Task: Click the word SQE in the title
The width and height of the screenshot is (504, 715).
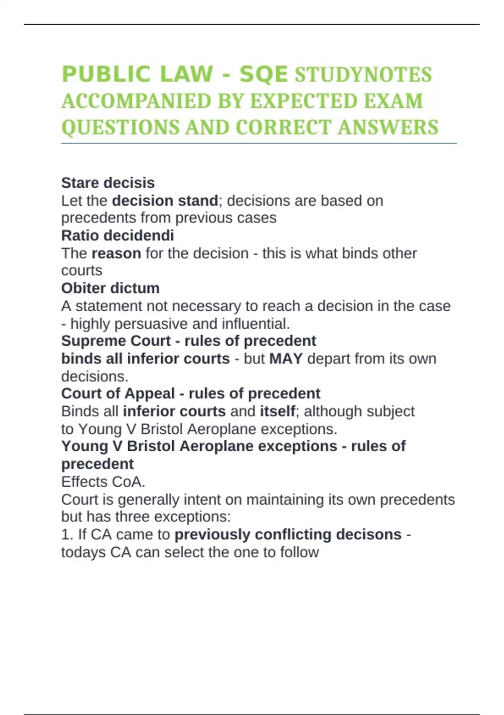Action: (263, 74)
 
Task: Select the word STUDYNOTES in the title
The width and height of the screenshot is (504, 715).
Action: (363, 75)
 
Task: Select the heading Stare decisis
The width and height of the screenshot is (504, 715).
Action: (108, 183)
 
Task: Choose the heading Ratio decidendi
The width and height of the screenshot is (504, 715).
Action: (118, 235)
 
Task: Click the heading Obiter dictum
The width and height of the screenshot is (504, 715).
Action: (110, 288)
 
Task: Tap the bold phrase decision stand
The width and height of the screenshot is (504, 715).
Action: (165, 201)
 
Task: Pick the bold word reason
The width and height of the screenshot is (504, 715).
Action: (116, 253)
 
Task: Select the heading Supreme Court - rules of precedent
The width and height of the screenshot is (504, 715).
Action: (189, 341)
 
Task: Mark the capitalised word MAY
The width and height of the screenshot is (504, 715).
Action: (286, 358)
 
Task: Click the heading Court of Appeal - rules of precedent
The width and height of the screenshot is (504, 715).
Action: (191, 393)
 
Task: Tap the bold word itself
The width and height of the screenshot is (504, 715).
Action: (278, 411)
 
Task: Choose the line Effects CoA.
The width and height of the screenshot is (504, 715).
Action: (103, 482)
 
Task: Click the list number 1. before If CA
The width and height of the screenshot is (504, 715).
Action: (67, 534)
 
